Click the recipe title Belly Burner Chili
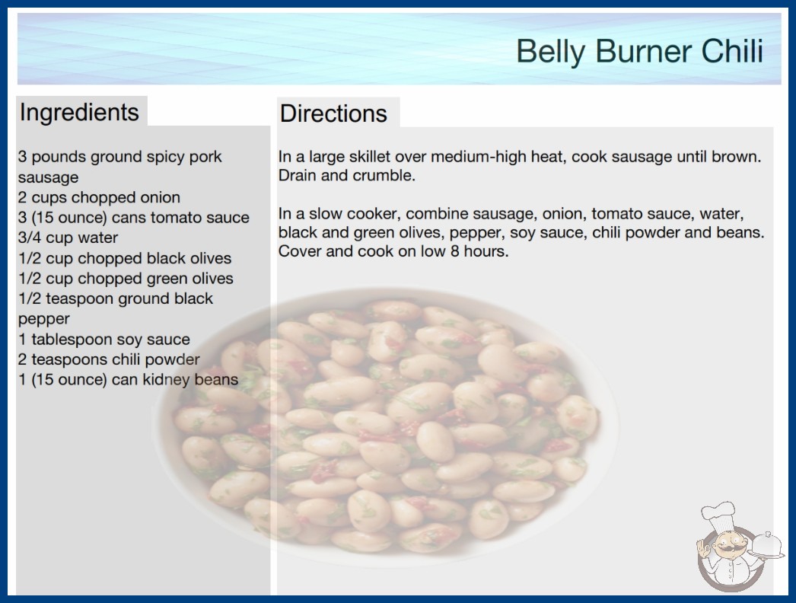pyautogui.click(x=640, y=51)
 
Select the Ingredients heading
pyautogui.click(x=79, y=113)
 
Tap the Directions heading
pyautogui.click(x=333, y=113)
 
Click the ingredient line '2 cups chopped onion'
pyautogui.click(x=99, y=197)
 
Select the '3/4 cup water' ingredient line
pyautogui.click(x=68, y=238)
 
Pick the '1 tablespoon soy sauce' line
pyautogui.click(x=104, y=340)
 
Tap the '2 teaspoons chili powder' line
pyautogui.click(x=109, y=359)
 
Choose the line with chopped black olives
pyautogui.click(x=125, y=258)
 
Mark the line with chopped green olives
pyautogui.click(x=126, y=279)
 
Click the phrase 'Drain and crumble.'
pyautogui.click(x=347, y=175)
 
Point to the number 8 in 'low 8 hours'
pyautogui.click(x=455, y=251)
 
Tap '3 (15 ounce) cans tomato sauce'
pyautogui.click(x=134, y=218)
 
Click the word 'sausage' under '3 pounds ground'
pyautogui.click(x=48, y=177)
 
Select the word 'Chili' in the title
pyautogui.click(x=732, y=51)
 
